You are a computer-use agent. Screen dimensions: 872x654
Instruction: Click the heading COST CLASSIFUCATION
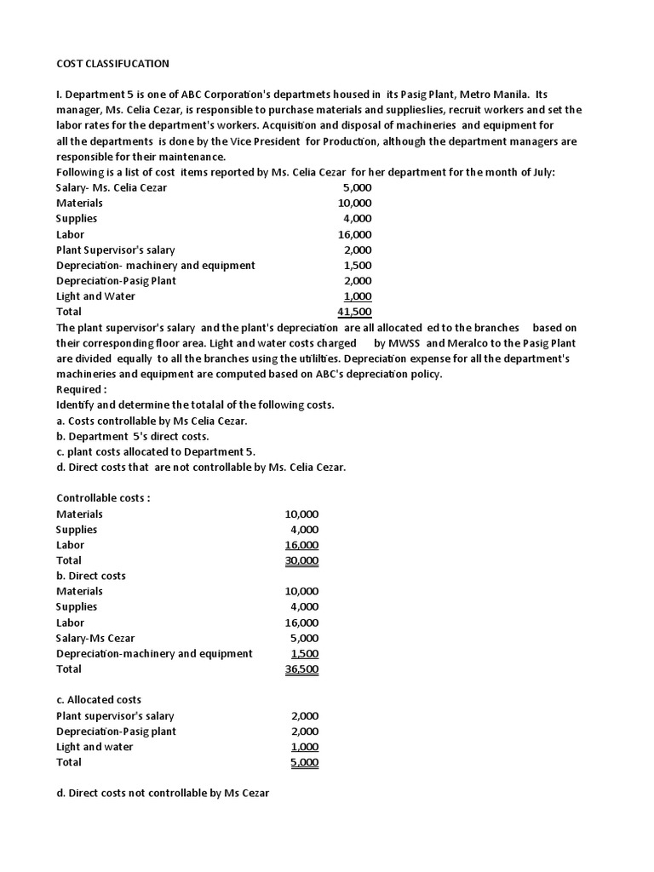(x=112, y=63)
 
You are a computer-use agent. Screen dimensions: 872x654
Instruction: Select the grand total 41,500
(x=354, y=312)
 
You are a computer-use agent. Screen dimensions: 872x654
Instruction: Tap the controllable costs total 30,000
(x=302, y=560)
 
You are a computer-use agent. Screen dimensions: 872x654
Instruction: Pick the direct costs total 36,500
(x=302, y=669)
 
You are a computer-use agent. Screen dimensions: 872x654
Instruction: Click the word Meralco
(x=468, y=343)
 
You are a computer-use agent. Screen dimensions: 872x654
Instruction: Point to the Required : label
(x=82, y=389)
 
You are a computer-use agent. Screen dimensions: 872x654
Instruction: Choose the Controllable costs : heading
(x=103, y=498)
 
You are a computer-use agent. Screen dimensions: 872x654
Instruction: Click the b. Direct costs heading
(x=91, y=576)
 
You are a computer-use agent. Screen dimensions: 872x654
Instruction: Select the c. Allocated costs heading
(x=99, y=700)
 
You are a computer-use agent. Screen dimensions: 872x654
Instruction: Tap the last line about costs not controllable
(x=163, y=794)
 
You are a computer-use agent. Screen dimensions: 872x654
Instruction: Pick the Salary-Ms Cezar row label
(x=95, y=638)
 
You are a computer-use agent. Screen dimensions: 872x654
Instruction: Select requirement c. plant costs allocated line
(x=156, y=451)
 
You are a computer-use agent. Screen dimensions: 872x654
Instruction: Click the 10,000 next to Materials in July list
(x=354, y=203)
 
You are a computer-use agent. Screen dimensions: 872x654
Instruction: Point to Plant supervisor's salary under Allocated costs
(x=115, y=715)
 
